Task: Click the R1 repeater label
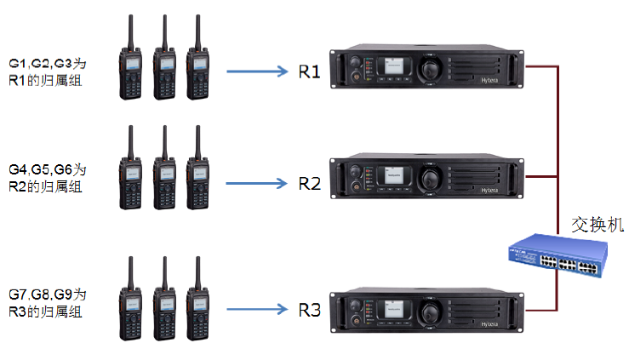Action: click(309, 71)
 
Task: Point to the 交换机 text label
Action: click(598, 224)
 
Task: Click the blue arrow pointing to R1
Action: click(258, 71)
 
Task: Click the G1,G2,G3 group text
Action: click(48, 71)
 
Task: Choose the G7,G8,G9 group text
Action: click(48, 301)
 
